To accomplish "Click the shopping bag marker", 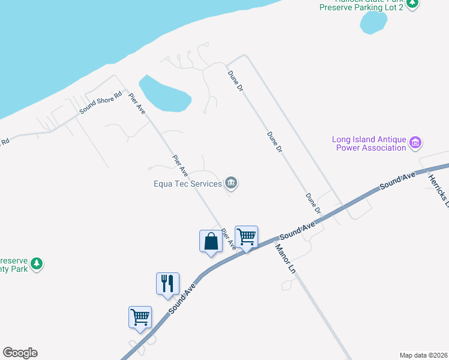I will click(211, 241).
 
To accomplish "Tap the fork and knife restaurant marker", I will click(167, 283).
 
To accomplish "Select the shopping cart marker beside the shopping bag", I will click(246, 237).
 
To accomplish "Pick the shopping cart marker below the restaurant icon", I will click(140, 317).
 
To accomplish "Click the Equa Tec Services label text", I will click(187, 184).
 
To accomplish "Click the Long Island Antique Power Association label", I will click(369, 143).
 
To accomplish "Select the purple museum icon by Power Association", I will click(415, 143).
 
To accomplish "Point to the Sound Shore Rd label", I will click(101, 103).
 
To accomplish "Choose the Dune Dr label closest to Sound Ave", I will click(313, 203).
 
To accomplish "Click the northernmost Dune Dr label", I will click(235, 80).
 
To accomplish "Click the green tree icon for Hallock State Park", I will click(412, 4).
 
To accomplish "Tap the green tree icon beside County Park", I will click(37, 263).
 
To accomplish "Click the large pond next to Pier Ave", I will click(165, 95).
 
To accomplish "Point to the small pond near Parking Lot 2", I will click(373, 23).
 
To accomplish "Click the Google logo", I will click(20, 353).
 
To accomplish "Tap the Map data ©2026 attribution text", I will click(423, 355).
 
